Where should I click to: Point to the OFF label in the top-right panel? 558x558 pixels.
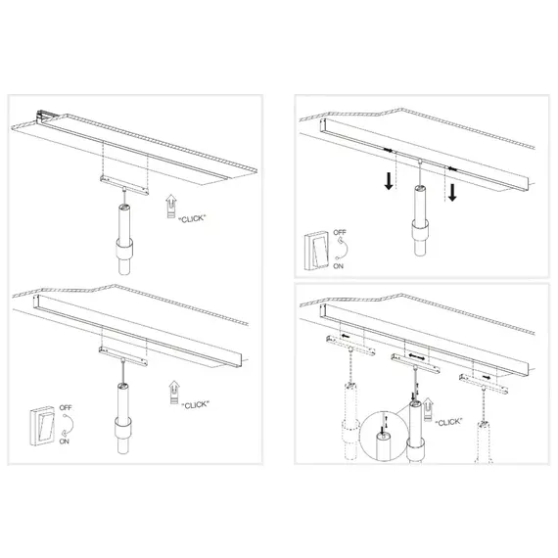pos(341,234)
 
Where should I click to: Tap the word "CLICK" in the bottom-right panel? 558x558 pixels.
pos(448,422)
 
